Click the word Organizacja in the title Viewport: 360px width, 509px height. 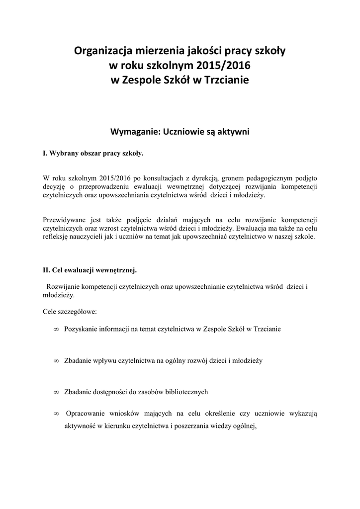click(x=103, y=51)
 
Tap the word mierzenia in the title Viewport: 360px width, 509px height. click(x=158, y=51)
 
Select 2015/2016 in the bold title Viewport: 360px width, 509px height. click(x=224, y=65)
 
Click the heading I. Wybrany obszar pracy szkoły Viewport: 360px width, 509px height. click(x=93, y=154)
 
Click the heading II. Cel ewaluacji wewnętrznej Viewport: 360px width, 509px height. click(x=90, y=270)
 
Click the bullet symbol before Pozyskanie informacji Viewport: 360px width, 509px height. click(x=56, y=330)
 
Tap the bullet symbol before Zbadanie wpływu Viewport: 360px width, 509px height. click(x=56, y=360)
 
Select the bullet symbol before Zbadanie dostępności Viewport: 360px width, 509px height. click(x=56, y=392)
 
